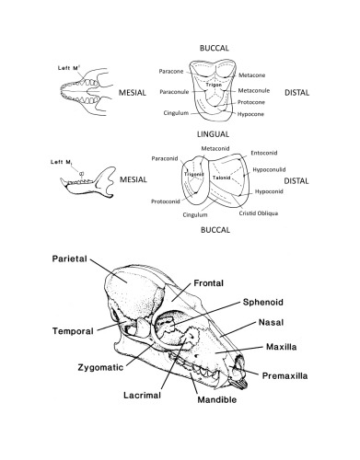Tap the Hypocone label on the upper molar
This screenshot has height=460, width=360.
[253, 116]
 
